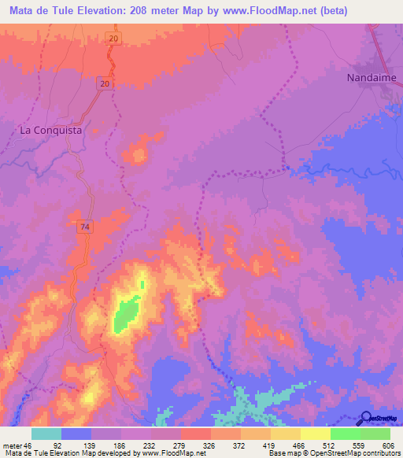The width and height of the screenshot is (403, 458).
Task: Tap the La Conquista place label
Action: point(50,131)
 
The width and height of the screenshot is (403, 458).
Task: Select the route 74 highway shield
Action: point(84,227)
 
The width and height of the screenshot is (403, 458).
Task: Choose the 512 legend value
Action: point(316,445)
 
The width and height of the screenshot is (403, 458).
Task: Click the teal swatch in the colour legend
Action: point(46,434)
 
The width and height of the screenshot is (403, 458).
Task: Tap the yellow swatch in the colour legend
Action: point(316,434)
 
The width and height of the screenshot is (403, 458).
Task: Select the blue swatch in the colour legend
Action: point(76,434)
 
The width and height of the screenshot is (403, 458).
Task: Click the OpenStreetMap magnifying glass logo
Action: point(365,418)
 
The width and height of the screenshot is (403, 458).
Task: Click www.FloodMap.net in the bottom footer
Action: point(169,453)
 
